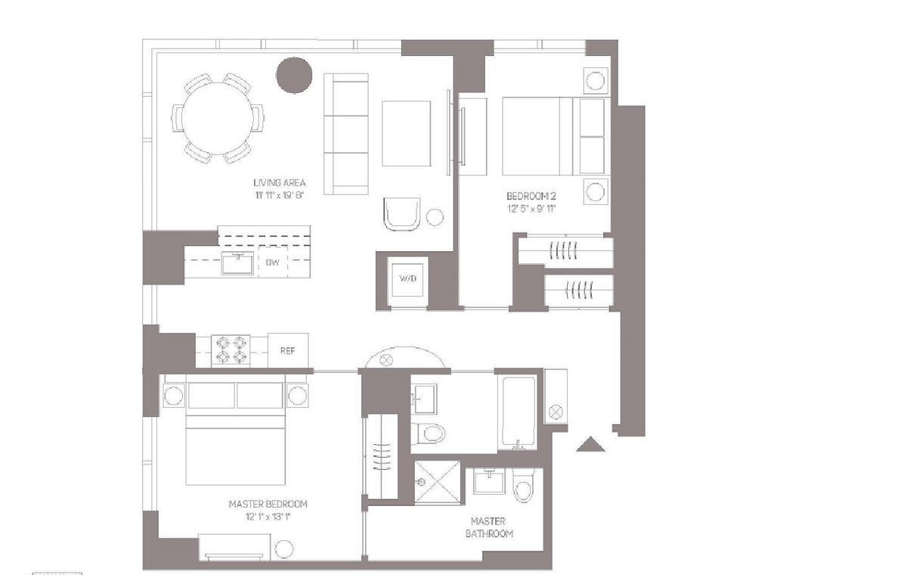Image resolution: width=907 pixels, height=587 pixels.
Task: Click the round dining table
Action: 218,118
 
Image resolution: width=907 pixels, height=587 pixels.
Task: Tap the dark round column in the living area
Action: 294,76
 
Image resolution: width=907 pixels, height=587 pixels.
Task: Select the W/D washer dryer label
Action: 407,278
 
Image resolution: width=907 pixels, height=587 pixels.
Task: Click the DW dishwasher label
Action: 273,262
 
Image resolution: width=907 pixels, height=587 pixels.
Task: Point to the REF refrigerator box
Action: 288,350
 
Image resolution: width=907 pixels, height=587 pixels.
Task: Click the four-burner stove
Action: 231,350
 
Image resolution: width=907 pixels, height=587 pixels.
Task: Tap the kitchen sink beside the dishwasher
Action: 237,262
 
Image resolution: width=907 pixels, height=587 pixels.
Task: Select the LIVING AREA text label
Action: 280,183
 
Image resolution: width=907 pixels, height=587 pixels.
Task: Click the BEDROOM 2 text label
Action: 531,196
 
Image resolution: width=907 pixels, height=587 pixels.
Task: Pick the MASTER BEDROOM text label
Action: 268,504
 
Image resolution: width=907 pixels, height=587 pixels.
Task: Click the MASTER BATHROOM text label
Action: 489,527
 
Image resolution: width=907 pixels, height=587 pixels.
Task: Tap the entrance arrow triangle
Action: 591,444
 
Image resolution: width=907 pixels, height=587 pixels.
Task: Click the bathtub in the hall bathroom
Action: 519,412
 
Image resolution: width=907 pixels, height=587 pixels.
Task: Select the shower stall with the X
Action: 438,483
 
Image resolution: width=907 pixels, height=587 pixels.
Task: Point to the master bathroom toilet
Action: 524,485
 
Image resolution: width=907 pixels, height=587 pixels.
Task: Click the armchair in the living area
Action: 402,214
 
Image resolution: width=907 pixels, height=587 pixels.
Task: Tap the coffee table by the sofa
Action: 406,134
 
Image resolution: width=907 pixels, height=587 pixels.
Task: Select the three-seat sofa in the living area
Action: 346,134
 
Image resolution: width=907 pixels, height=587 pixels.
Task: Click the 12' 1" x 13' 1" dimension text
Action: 268,517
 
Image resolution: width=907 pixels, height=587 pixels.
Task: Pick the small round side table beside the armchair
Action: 435,217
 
